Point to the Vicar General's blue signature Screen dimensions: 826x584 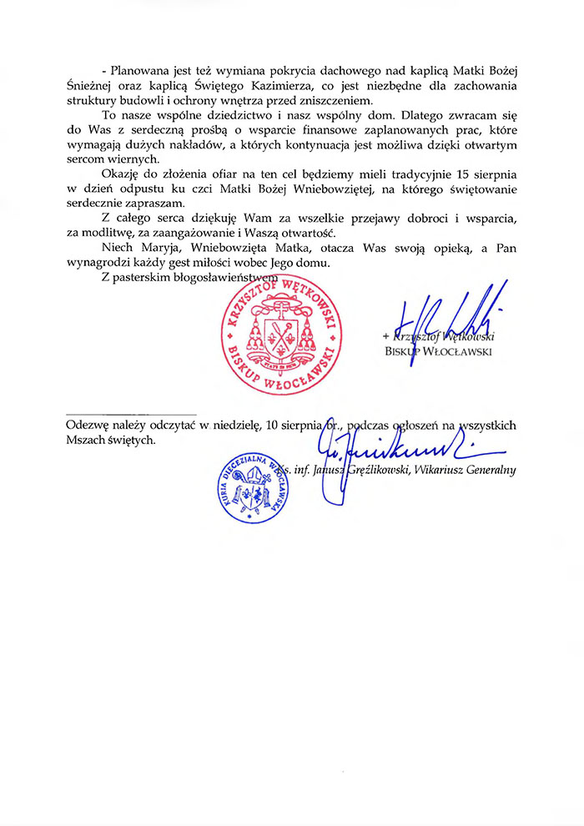click(392, 455)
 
